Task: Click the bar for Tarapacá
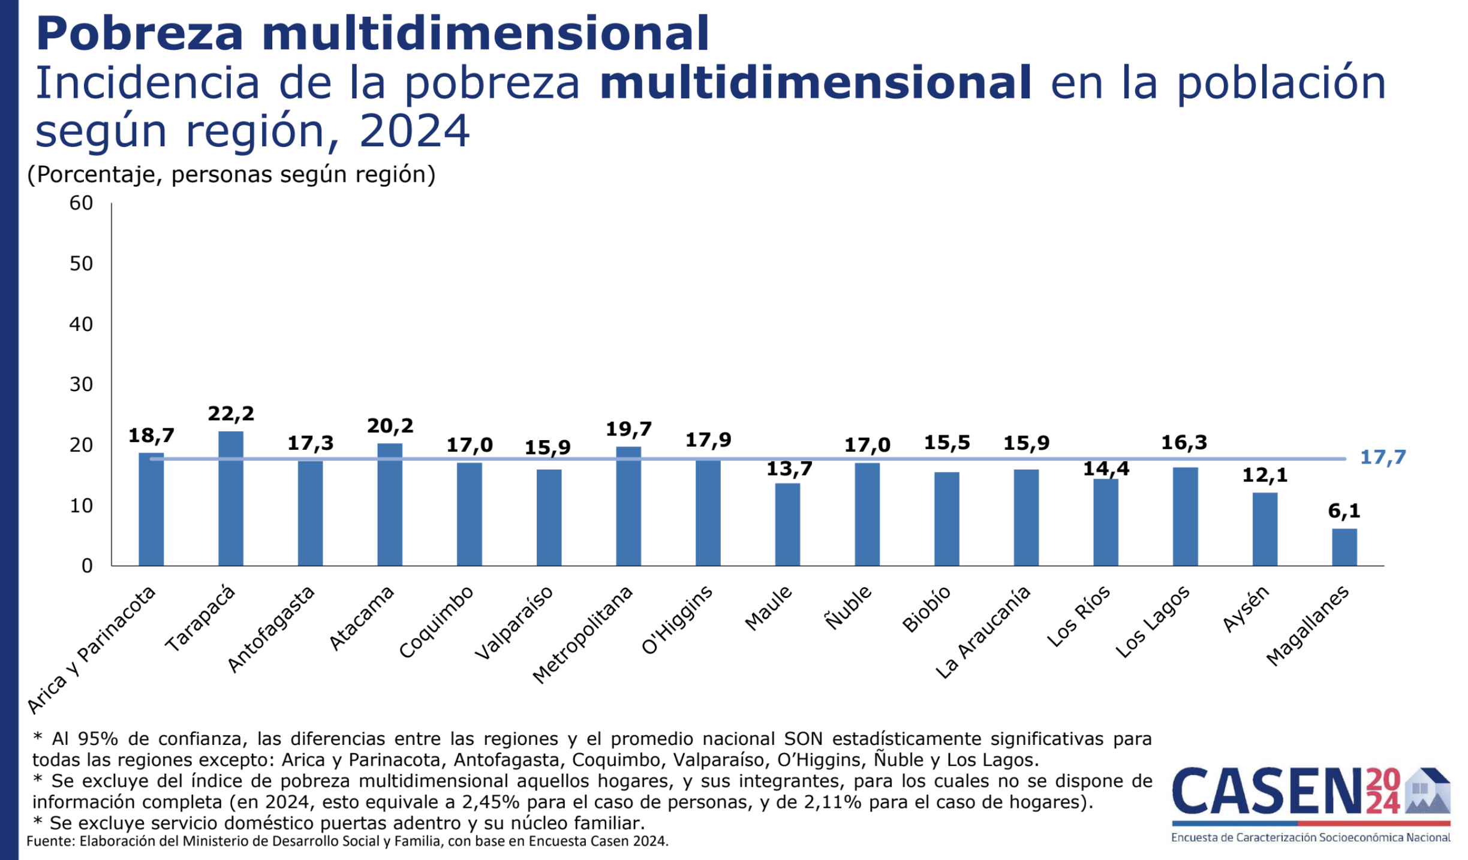click(x=231, y=498)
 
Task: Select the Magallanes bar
click(x=1344, y=547)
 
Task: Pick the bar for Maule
click(x=787, y=524)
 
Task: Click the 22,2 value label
click(x=231, y=414)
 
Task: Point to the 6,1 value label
click(x=1344, y=511)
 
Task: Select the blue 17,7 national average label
click(x=1383, y=458)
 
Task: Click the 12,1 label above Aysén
click(x=1265, y=476)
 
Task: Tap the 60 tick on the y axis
click(x=81, y=203)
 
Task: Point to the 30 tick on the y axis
click(x=81, y=384)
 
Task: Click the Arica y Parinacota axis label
click(x=91, y=650)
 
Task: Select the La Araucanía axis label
click(x=983, y=633)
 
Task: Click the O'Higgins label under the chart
click(x=677, y=620)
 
